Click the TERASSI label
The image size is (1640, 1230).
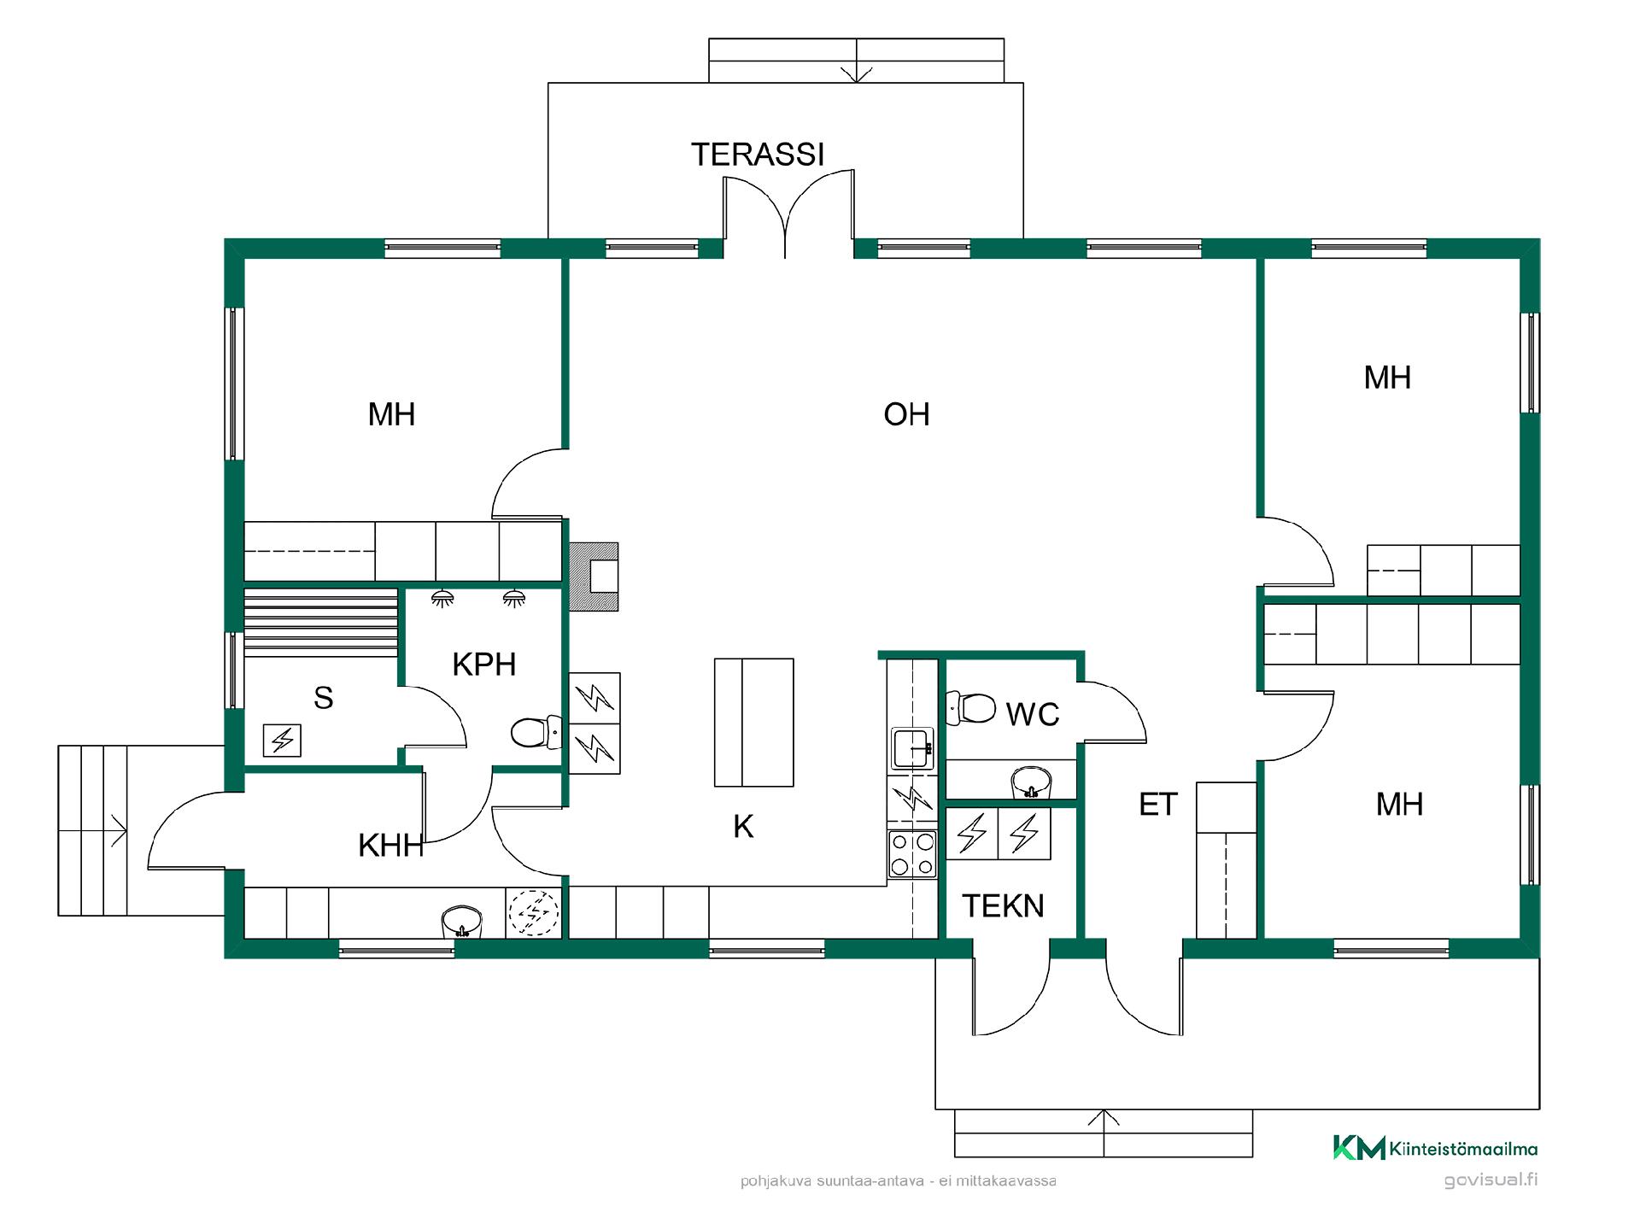click(x=758, y=155)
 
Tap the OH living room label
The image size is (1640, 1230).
click(x=906, y=414)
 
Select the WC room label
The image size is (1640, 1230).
click(x=1033, y=714)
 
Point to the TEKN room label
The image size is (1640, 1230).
click(x=1004, y=905)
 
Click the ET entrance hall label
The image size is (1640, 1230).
click(x=1158, y=805)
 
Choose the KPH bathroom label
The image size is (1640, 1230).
click(x=484, y=665)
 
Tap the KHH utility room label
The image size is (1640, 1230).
click(x=391, y=846)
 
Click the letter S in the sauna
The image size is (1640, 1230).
click(x=323, y=698)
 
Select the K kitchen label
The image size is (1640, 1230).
click(x=743, y=827)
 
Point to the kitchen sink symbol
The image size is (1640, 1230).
click(x=912, y=749)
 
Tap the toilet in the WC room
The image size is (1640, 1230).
click(x=970, y=708)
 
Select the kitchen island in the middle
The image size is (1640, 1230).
click(x=754, y=723)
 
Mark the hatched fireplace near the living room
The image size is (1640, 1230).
click(x=594, y=577)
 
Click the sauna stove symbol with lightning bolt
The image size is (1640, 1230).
click(x=282, y=740)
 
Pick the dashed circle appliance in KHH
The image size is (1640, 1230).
click(x=534, y=913)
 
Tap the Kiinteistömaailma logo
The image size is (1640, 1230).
click(x=1435, y=1148)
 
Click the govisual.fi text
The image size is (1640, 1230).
click(x=1491, y=1180)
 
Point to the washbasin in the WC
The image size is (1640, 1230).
click(x=1031, y=782)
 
